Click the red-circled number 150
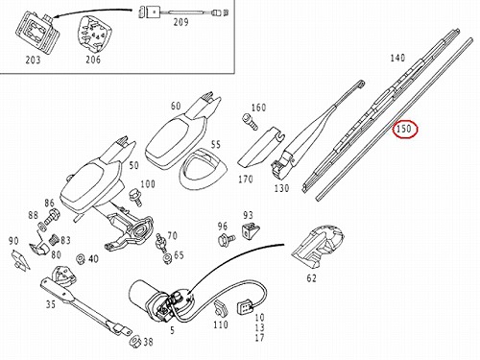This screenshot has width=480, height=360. pos(403,129)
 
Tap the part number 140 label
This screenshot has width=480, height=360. pos(397,58)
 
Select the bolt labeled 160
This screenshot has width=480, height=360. pos(250,122)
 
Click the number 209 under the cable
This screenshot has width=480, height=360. pos(180,22)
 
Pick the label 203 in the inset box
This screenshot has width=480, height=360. pos(33,60)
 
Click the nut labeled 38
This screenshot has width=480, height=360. pos(135,342)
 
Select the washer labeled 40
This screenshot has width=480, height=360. pos(81,258)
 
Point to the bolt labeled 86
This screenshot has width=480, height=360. pos(52,217)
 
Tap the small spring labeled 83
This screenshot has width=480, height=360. pos(56,240)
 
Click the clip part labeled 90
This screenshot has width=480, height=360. pos(20,260)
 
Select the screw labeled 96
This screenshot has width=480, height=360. pos(227,239)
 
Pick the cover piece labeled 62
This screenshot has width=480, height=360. pos(318,246)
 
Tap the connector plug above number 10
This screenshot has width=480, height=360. pos(244,308)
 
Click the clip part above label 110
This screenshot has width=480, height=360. pos(221,309)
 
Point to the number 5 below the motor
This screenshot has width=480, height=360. pos(173,330)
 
